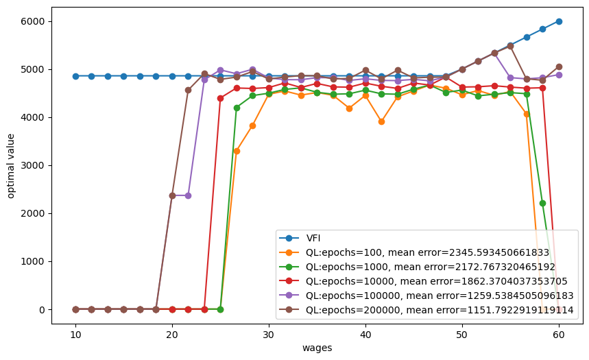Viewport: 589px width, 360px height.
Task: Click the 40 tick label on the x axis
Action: (365, 335)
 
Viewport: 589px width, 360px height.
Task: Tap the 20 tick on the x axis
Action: (172, 335)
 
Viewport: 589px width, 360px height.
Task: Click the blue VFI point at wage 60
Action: (559, 21)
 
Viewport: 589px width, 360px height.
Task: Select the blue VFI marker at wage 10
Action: (75, 76)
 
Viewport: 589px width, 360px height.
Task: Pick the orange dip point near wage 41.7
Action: (381, 121)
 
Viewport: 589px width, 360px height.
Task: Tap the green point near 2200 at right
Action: (542, 203)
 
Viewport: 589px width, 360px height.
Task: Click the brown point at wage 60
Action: (559, 67)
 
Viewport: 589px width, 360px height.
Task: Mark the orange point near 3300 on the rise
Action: (237, 151)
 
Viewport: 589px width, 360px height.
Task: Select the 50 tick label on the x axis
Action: (462, 335)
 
